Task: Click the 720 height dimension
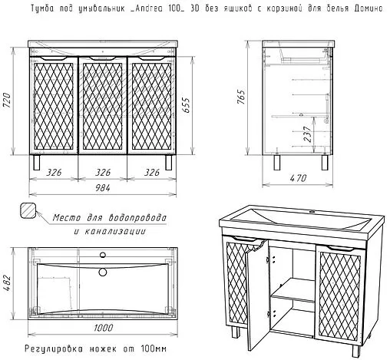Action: [x=7, y=101]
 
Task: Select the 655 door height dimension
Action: [x=187, y=104]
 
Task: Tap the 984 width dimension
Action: [x=103, y=188]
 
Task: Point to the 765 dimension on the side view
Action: [x=240, y=97]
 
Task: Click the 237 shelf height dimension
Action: [x=308, y=134]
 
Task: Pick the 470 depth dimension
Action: [x=298, y=178]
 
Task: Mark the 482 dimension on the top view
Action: [x=7, y=282]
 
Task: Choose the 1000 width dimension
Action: [x=103, y=328]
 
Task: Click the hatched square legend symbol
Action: [x=28, y=210]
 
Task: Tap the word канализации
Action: [x=115, y=231]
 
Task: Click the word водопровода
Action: [x=137, y=218]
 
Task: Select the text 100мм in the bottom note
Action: [x=154, y=348]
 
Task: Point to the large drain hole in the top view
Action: [x=103, y=272]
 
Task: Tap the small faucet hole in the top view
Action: [x=103, y=255]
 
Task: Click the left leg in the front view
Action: [x=37, y=162]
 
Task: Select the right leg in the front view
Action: [x=168, y=162]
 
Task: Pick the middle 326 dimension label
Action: [x=103, y=173]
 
